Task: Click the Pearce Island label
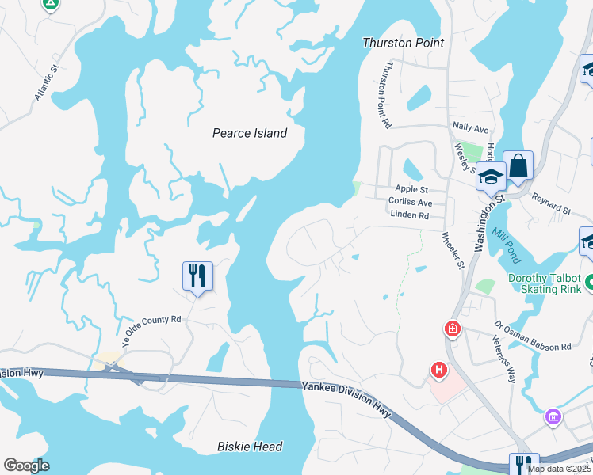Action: [x=249, y=133]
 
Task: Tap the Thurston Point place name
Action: [x=403, y=43]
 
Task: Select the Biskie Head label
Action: [x=250, y=446]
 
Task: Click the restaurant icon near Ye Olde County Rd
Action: [x=197, y=276]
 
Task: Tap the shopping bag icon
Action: [x=518, y=166]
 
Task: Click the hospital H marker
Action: [x=438, y=370]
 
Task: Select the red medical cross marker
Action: [x=452, y=328]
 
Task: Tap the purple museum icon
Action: [x=553, y=416]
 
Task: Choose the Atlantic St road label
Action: [x=48, y=83]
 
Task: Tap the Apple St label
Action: [x=411, y=189]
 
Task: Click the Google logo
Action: [x=27, y=465]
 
